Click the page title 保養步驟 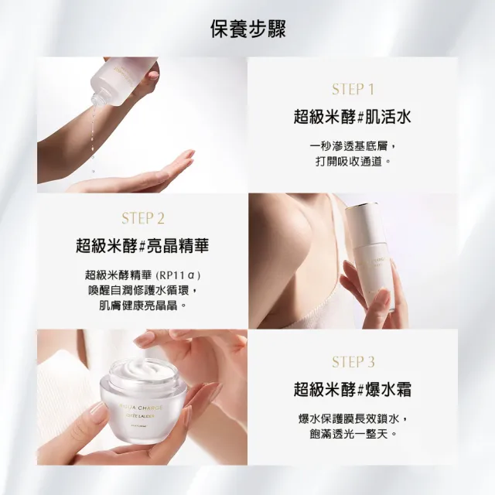(x=247, y=29)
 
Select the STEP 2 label (x=142, y=218)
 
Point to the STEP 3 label (x=353, y=361)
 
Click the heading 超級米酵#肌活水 (x=353, y=117)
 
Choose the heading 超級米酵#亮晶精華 (x=142, y=246)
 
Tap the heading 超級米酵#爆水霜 (x=353, y=389)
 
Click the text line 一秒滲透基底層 (x=353, y=146)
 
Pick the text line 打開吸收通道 (x=353, y=162)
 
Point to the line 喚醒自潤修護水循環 (x=142, y=290)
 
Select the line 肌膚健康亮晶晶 (x=142, y=306)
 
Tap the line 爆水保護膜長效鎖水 (x=353, y=418)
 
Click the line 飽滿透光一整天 (x=353, y=434)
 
